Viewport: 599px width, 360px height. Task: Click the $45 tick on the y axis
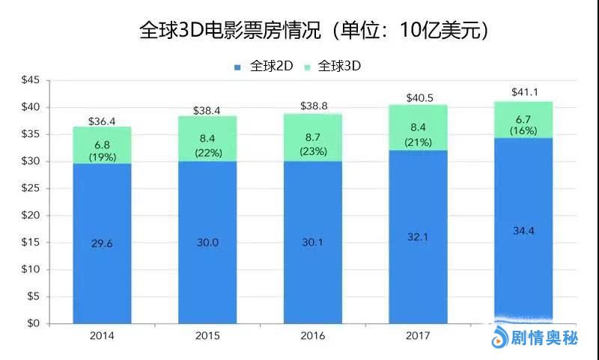(x=29, y=81)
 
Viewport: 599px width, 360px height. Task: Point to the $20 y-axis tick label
(x=29, y=216)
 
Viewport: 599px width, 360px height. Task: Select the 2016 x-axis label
(x=314, y=336)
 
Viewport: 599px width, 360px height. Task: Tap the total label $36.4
(x=101, y=120)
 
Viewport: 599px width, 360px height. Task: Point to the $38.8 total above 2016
(x=314, y=107)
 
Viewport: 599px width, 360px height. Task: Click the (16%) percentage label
(x=524, y=130)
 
